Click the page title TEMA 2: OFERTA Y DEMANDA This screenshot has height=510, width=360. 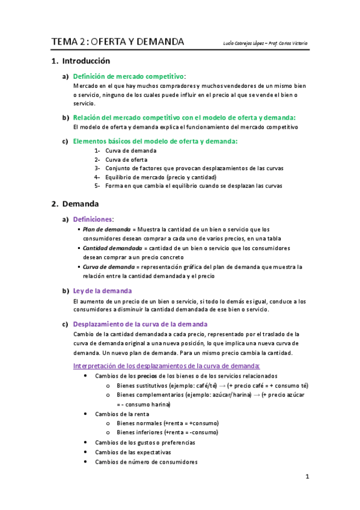pyautogui.click(x=118, y=42)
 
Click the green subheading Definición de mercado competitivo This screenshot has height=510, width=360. pyautogui.click(x=128, y=76)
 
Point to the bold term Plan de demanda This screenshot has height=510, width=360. pyautogui.click(x=106, y=229)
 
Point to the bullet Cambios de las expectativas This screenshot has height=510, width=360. pyautogui.click(x=133, y=452)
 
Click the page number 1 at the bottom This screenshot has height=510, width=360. pyautogui.click(x=307, y=478)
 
